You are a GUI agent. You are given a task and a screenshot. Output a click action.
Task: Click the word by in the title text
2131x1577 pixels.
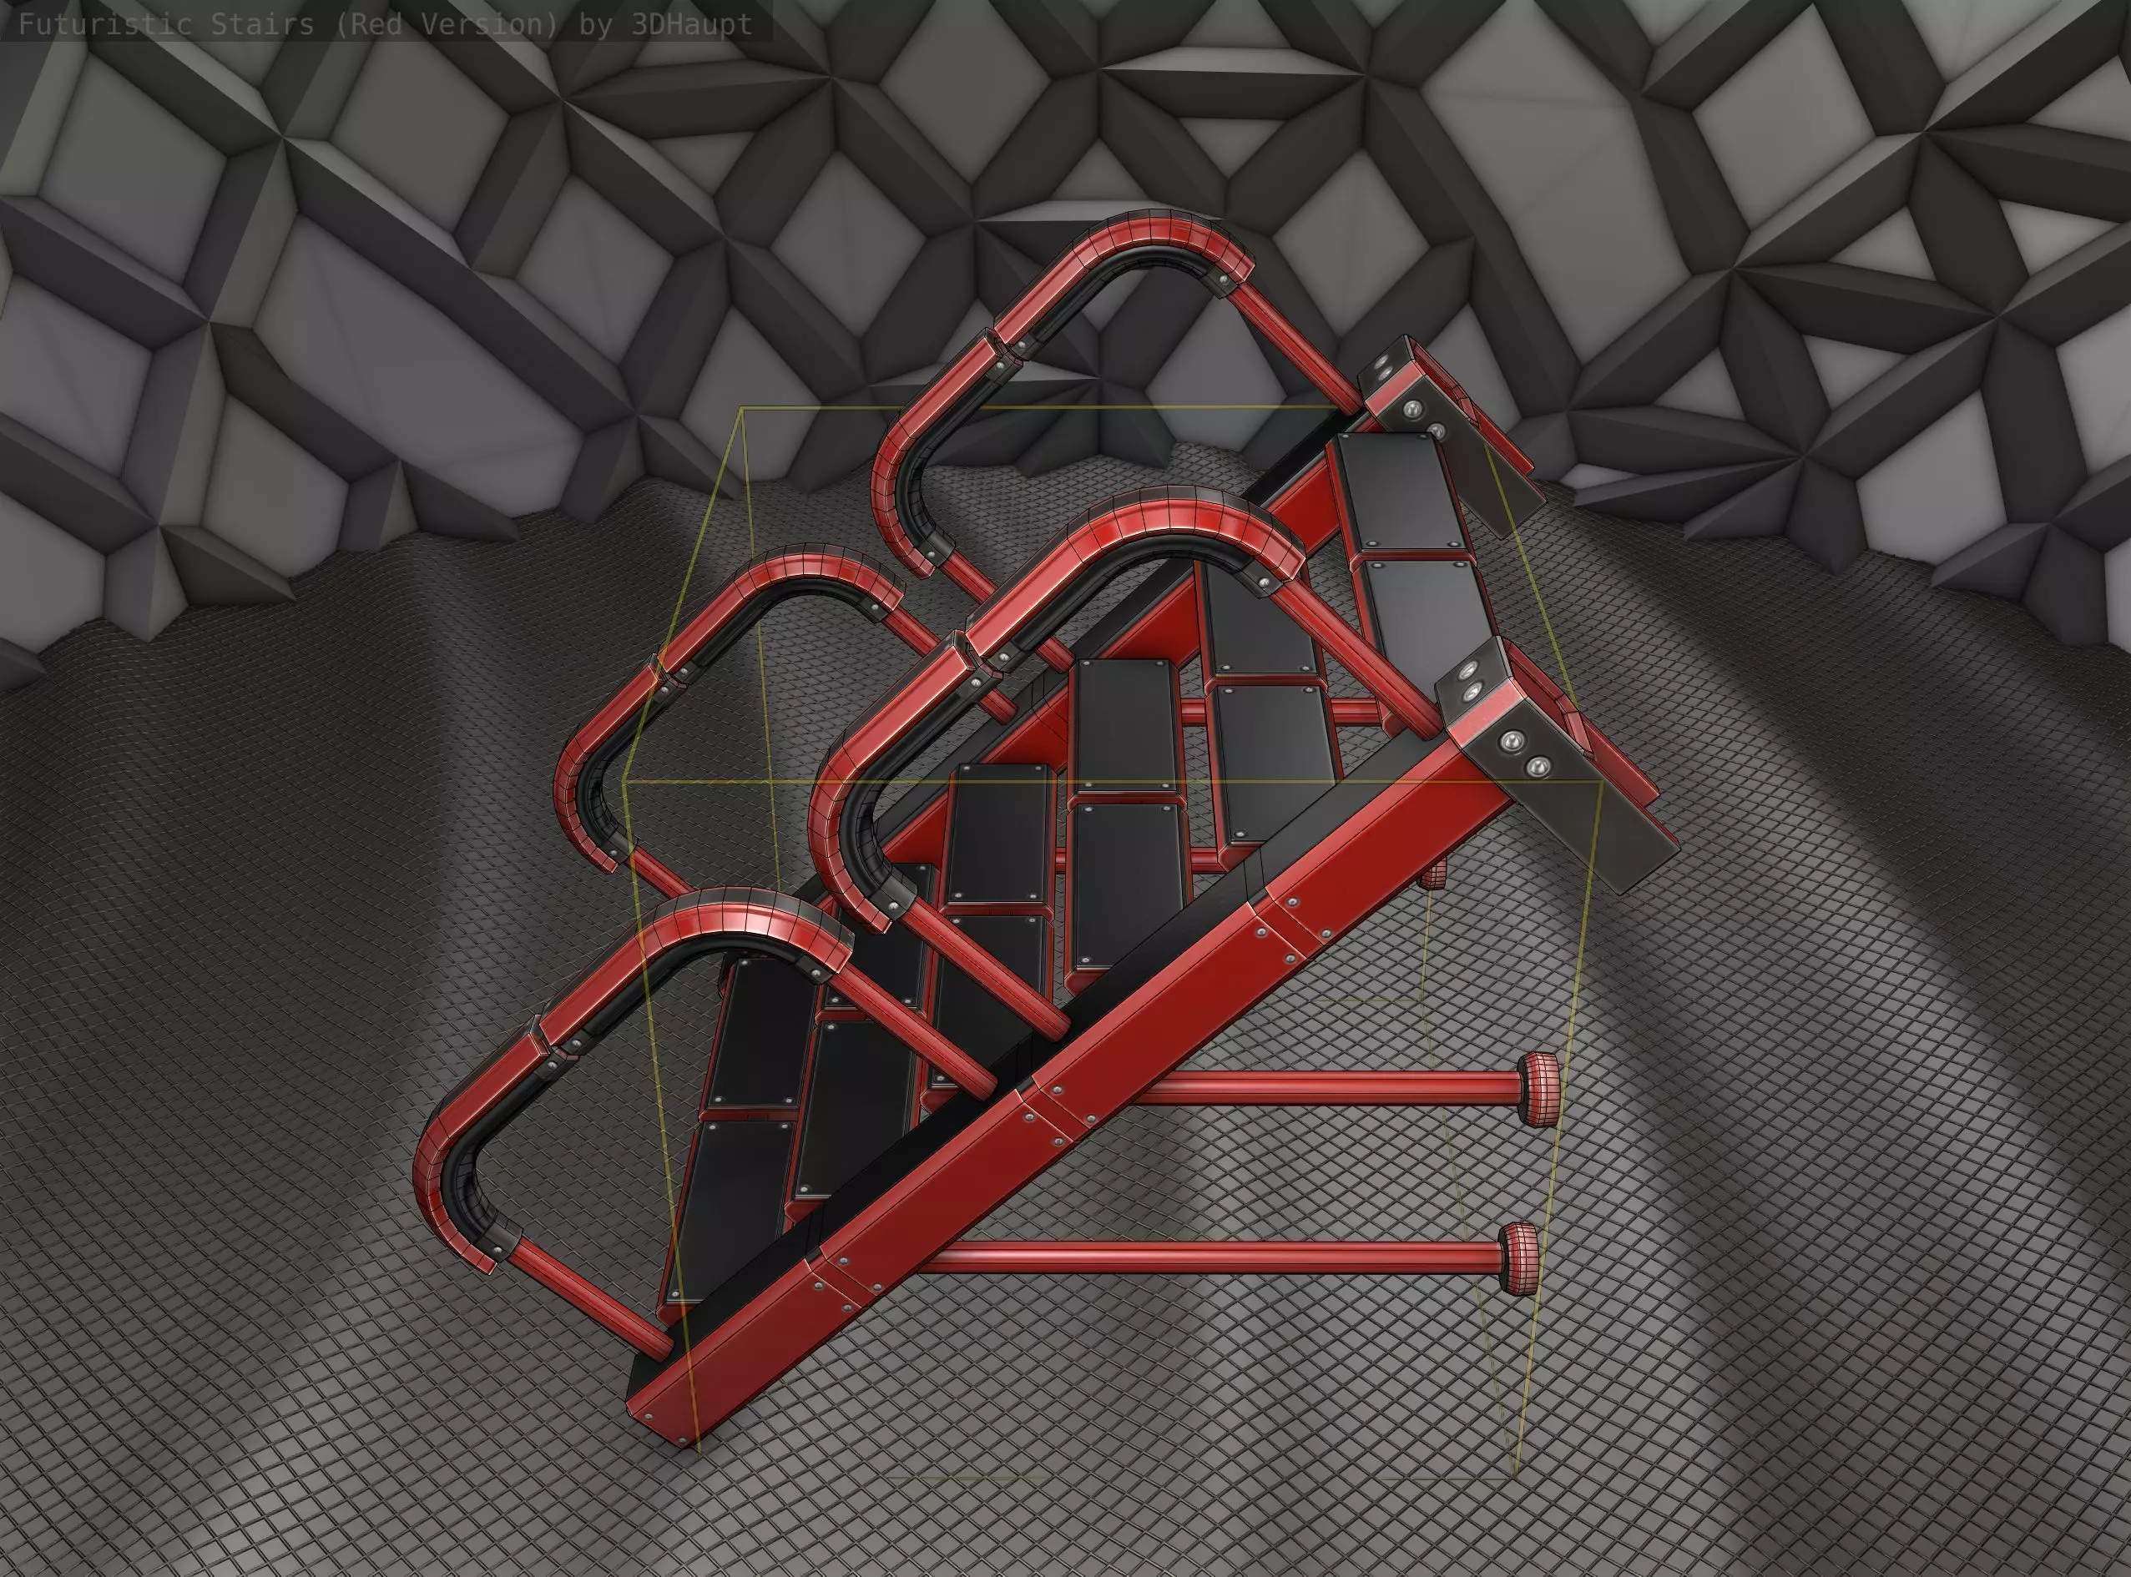point(596,25)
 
